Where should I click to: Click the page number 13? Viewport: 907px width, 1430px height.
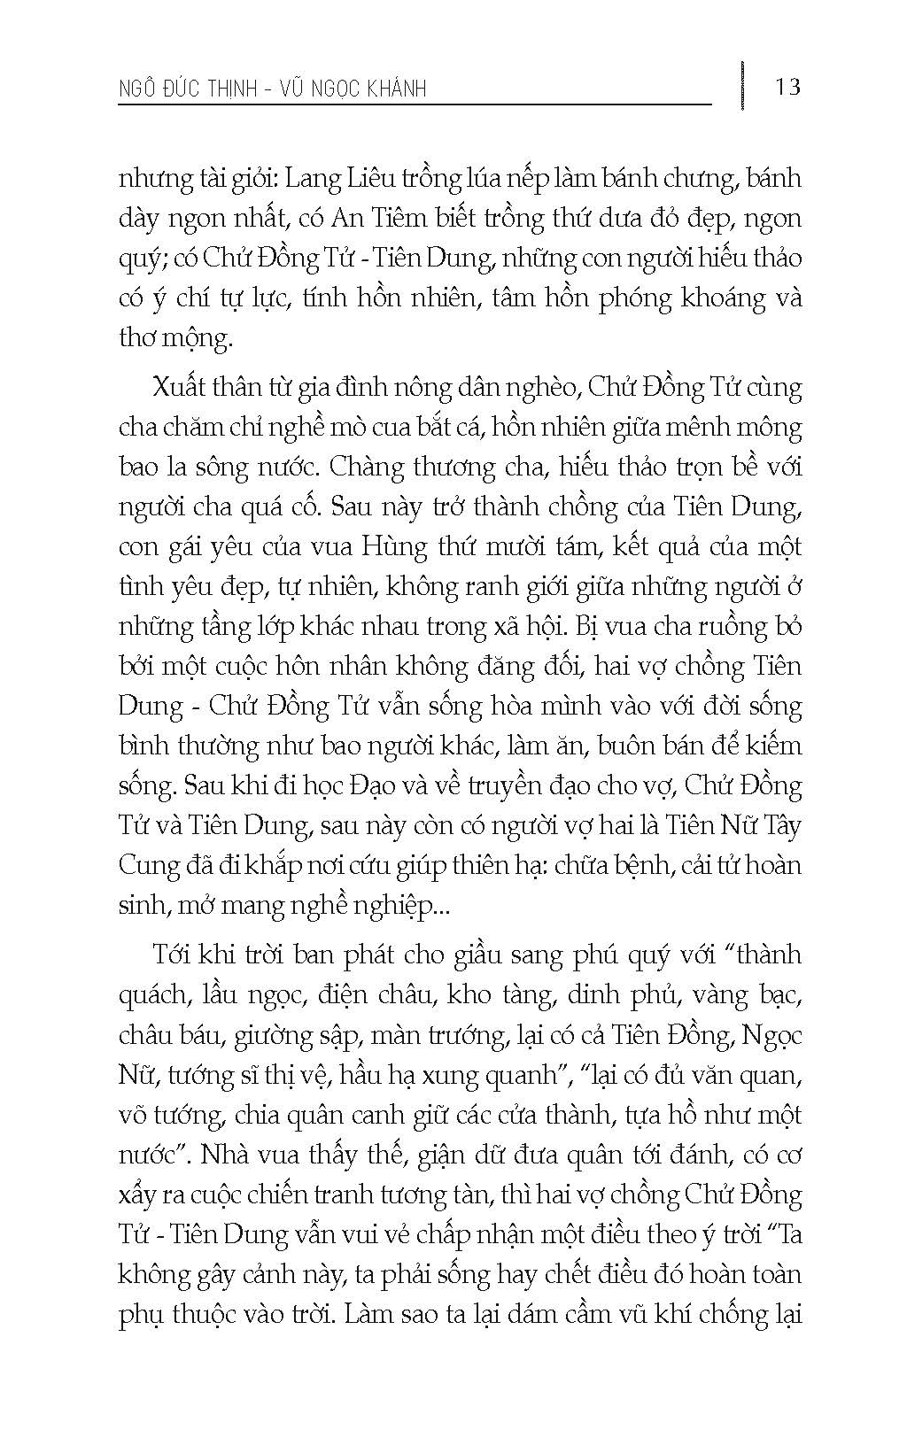[x=786, y=88]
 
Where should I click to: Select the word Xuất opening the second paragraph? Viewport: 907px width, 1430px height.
[x=178, y=388]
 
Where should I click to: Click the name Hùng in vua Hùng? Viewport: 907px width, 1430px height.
[x=402, y=547]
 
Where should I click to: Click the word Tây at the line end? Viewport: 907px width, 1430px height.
[x=780, y=825]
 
